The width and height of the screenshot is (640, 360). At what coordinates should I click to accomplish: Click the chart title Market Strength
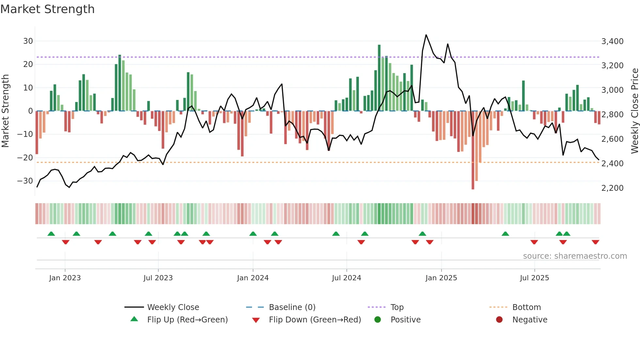point(48,9)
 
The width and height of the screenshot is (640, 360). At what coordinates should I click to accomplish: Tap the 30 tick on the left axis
point(28,41)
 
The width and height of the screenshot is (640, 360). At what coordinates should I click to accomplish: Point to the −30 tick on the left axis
point(25,181)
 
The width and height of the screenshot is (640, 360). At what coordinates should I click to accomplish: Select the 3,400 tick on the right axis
point(612,41)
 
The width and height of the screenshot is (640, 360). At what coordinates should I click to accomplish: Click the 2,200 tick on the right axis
point(612,188)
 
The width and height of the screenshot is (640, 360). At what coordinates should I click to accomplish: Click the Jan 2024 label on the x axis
point(253,278)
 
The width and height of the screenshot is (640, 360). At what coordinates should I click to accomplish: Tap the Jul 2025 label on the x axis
point(535,278)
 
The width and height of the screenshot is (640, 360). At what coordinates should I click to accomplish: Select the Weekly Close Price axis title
point(634,111)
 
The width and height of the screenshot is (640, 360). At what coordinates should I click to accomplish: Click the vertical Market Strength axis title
point(6,111)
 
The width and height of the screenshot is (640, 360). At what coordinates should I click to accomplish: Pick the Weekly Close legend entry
point(173,307)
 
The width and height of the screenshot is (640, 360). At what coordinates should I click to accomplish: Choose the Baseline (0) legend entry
point(292,307)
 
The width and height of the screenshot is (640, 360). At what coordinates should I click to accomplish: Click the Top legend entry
point(397,307)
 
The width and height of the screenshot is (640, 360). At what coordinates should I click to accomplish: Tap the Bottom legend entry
point(526,307)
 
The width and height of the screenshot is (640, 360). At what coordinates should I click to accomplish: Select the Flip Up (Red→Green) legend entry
point(187,320)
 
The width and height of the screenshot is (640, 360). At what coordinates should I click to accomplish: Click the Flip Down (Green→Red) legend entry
point(315,320)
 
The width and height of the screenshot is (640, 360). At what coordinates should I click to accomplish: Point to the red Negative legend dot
point(499,319)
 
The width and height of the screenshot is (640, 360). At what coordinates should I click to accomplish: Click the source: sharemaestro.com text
point(575,256)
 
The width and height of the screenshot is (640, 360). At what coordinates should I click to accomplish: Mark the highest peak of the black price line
point(426,35)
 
